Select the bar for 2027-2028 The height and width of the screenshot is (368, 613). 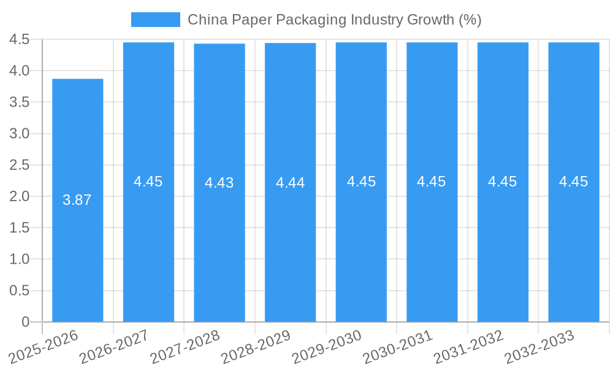[219, 245]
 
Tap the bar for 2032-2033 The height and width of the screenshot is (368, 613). [574, 245]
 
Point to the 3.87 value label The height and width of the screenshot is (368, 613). [77, 200]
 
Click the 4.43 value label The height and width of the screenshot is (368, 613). [219, 183]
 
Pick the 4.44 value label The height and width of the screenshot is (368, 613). [291, 183]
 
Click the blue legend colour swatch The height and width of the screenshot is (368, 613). [156, 20]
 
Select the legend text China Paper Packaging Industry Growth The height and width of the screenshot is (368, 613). [334, 20]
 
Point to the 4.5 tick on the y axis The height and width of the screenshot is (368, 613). [20, 39]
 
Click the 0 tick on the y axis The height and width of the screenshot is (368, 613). [25, 322]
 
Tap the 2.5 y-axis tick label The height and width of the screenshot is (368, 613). [20, 165]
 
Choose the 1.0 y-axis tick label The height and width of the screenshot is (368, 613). [20, 259]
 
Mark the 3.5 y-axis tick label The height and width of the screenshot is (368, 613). [20, 102]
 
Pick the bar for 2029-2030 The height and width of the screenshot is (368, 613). [361, 245]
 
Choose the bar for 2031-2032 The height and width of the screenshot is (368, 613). [503, 245]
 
